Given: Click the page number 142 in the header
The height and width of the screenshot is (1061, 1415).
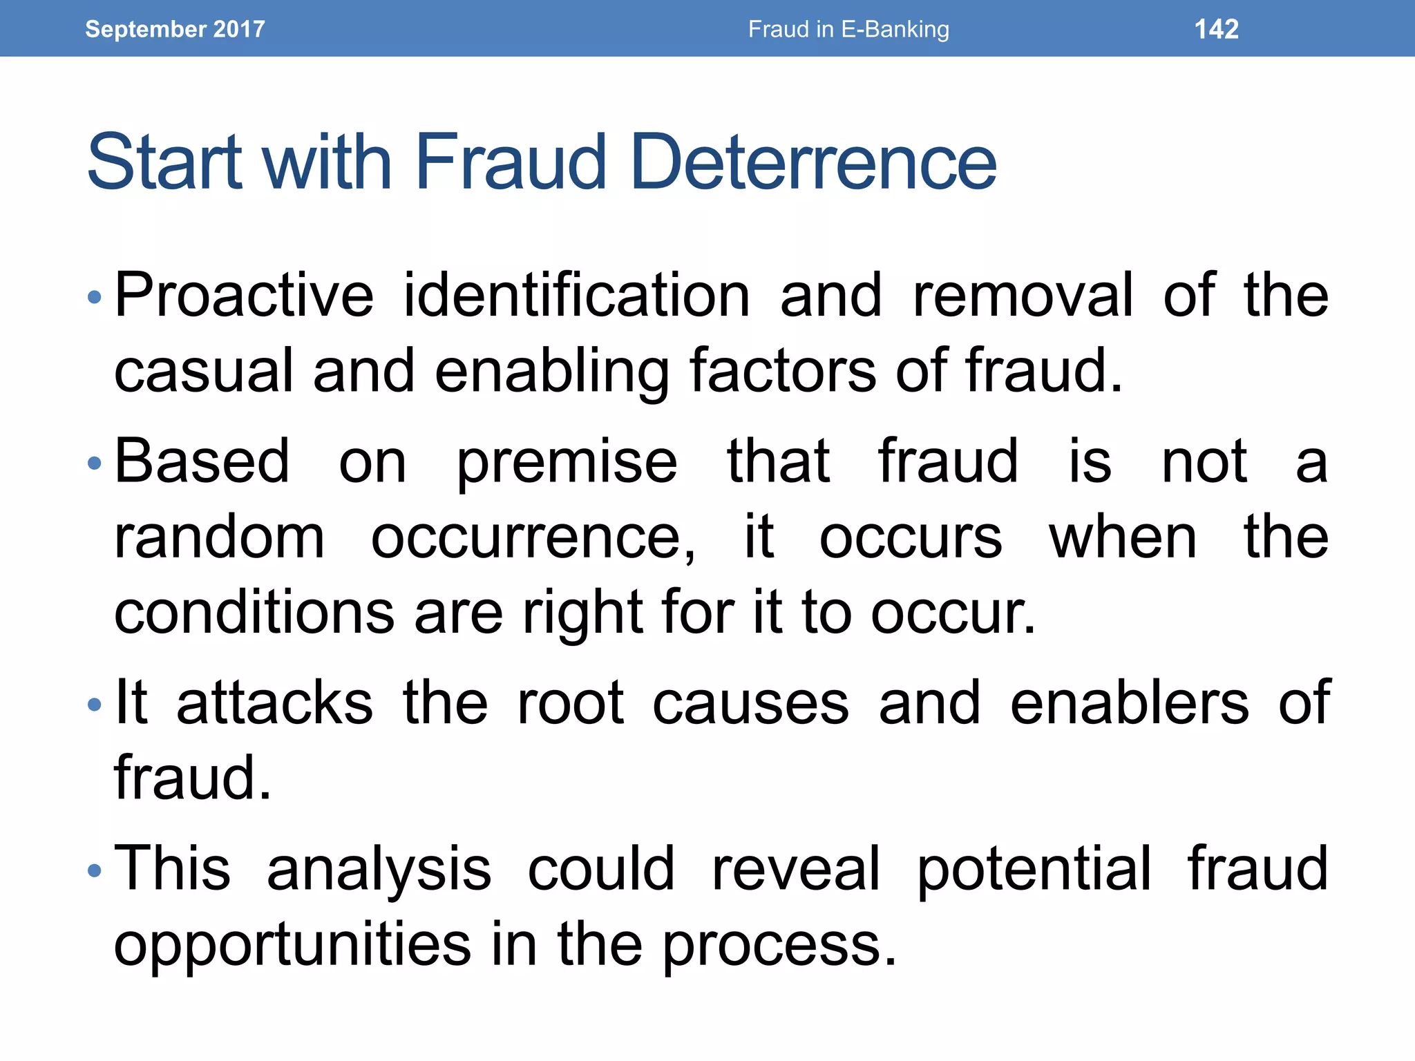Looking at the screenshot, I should [x=1216, y=29].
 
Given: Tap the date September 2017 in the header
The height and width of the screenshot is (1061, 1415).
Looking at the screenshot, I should [x=175, y=29].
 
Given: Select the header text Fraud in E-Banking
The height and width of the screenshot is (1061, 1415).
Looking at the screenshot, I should [x=848, y=29].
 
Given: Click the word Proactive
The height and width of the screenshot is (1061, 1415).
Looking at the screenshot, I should [x=244, y=295].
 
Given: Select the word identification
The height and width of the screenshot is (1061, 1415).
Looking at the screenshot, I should [x=576, y=295].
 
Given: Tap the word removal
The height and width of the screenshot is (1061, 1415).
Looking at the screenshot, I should [x=1023, y=295].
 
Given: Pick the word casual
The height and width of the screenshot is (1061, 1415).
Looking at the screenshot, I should [x=205, y=371].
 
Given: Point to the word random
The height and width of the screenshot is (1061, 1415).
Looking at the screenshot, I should [x=219, y=537].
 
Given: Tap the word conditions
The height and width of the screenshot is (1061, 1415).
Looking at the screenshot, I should [x=254, y=613].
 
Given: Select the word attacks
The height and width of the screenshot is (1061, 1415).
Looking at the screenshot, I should [x=274, y=703].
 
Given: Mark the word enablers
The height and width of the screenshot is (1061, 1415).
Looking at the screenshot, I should [x=1130, y=703].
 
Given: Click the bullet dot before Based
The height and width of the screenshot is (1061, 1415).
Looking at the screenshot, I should [x=95, y=463].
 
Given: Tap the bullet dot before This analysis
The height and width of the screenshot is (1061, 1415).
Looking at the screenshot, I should [x=95, y=870].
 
